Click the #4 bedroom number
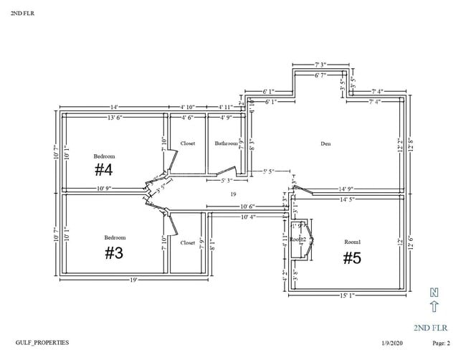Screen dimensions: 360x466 pyautogui.click(x=104, y=170)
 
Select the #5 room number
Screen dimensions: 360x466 pyautogui.click(x=351, y=258)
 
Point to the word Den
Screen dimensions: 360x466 pyautogui.click(x=325, y=143)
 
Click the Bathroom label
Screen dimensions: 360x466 pyautogui.click(x=227, y=143)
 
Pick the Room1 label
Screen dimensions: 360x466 pyautogui.click(x=351, y=242)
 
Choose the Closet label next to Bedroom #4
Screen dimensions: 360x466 pyautogui.click(x=188, y=143)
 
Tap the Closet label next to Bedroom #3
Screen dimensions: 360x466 pyautogui.click(x=188, y=242)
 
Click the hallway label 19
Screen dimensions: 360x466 pyautogui.click(x=233, y=194)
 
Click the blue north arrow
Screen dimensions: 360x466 pyautogui.click(x=433, y=307)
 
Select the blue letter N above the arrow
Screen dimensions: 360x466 pyautogui.click(x=433, y=292)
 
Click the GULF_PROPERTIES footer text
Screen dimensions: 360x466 pyautogui.click(x=42, y=343)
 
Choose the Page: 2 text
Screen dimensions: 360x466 pyautogui.click(x=441, y=344)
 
